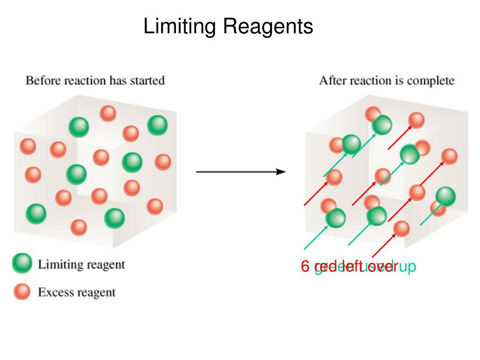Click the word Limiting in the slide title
tap(179, 26)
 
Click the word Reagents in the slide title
tap(268, 27)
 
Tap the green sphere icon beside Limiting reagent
tap(22, 264)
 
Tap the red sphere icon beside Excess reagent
tap(22, 292)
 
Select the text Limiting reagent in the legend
tap(81, 265)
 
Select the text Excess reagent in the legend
tap(76, 293)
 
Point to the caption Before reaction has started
tap(95, 81)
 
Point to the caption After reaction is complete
tap(386, 81)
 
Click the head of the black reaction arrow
tap(281, 172)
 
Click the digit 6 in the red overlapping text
tap(305, 267)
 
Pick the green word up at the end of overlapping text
tap(407, 267)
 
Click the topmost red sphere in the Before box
tap(108, 113)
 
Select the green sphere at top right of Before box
tap(157, 125)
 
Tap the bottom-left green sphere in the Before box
tap(36, 214)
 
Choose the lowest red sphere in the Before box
tap(79, 227)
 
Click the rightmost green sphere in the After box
tap(445, 196)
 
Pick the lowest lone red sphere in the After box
tap(401, 228)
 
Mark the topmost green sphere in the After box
tap(382, 125)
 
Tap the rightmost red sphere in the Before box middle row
tap(163, 162)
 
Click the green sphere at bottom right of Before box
tap(114, 217)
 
